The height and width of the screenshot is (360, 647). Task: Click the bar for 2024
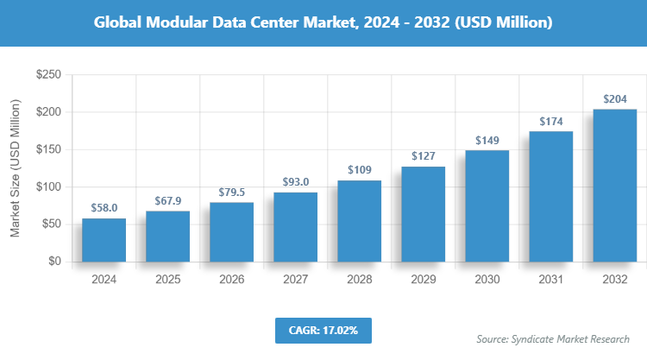pos(104,240)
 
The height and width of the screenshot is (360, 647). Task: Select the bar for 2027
pos(296,227)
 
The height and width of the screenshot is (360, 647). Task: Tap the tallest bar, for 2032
pos(615,186)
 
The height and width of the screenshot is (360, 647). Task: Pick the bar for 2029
pos(424,214)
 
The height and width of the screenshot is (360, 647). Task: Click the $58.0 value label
pos(104,208)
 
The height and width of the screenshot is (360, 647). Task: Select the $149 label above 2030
pos(487,140)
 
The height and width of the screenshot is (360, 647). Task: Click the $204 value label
pos(615,98)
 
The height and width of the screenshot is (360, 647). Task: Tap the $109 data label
pos(360,170)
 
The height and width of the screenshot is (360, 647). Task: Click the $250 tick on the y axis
pos(48,76)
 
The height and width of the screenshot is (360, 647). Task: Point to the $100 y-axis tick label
pos(48,187)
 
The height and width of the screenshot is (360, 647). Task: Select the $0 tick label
pos(54,262)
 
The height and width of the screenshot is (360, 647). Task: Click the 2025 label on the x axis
pos(168,280)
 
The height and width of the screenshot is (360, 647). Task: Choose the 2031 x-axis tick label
pos(551,280)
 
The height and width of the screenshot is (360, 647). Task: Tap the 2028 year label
pos(360,280)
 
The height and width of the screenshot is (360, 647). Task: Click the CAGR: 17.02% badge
pos(323,330)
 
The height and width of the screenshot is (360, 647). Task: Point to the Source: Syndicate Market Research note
pos(553,338)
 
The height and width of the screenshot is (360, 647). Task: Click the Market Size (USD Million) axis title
pos(16,169)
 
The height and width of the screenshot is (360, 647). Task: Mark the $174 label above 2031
pos(551,121)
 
